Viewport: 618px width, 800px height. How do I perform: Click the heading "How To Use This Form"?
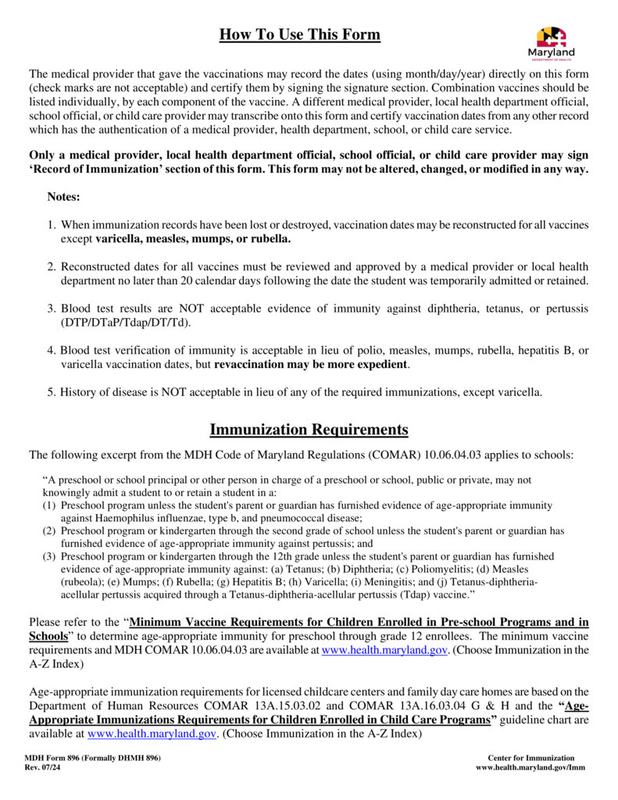click(299, 34)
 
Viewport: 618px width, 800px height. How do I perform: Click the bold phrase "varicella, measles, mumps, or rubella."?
click(193, 238)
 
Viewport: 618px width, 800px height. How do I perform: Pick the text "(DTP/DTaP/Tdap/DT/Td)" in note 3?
click(127, 321)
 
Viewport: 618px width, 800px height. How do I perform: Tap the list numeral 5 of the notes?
click(51, 391)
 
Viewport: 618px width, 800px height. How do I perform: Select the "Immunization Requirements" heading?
click(309, 430)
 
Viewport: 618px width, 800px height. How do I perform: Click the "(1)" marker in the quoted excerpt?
click(49, 505)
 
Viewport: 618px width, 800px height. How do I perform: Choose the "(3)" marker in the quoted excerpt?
click(49, 556)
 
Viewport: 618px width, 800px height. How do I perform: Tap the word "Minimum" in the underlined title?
click(158, 622)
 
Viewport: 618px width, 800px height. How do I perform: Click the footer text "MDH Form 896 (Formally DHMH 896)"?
click(92, 758)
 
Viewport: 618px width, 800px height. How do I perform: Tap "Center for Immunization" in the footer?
click(530, 758)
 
